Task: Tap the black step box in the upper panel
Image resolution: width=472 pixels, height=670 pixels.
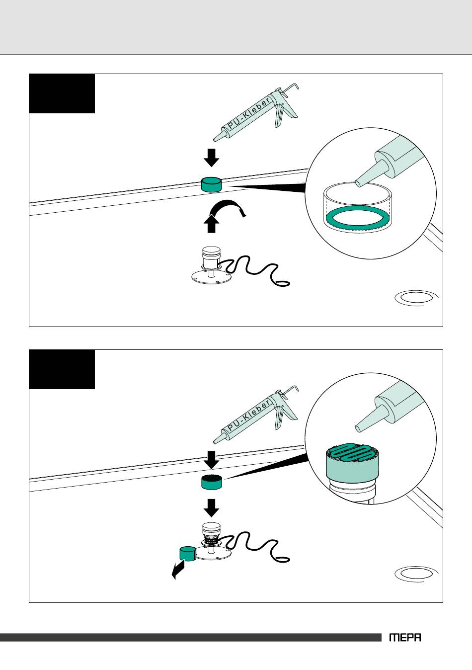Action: pos(62,93)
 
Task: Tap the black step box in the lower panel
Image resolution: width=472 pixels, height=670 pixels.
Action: pos(62,369)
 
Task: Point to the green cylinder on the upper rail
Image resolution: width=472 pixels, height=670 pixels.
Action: pos(211,184)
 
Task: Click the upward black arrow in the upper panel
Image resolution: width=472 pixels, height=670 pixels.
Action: pos(211,224)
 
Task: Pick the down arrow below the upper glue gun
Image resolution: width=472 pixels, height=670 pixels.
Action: pos(211,158)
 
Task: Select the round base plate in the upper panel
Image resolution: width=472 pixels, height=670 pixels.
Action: pos(211,276)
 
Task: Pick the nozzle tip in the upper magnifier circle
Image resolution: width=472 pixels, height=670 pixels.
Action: pos(358,183)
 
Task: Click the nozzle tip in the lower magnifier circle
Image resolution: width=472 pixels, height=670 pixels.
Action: pos(358,428)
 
